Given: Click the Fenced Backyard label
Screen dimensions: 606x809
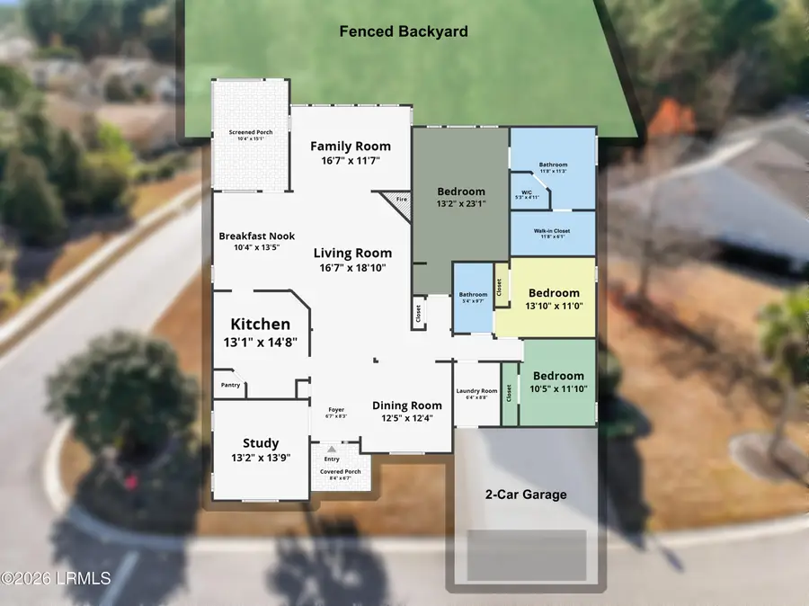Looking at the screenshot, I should tap(404, 31).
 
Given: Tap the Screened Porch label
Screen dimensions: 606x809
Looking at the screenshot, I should tap(251, 132).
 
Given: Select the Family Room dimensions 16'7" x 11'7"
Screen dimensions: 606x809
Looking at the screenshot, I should tap(351, 161).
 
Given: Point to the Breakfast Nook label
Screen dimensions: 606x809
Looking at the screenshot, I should tap(251, 236).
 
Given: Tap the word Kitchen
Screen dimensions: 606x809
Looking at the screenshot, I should tap(261, 324).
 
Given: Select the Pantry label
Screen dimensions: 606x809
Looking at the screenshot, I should tap(230, 385).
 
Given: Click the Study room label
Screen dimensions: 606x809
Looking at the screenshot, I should tap(261, 442).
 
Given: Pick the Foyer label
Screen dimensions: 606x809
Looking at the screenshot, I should tap(334, 410).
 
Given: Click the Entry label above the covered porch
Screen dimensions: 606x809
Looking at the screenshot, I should tap(333, 459).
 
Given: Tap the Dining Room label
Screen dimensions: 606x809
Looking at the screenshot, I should tap(407, 405).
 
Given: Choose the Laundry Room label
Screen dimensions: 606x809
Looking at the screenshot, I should tap(476, 391).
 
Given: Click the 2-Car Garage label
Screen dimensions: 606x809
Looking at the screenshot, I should tap(526, 495).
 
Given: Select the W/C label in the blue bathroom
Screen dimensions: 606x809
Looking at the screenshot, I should tap(525, 192).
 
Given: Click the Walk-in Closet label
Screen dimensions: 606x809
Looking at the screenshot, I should tap(553, 231).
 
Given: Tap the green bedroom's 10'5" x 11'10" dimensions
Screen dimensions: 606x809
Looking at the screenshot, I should tap(558, 389).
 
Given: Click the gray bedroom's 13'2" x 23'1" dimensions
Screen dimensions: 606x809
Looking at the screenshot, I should tap(460, 205).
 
